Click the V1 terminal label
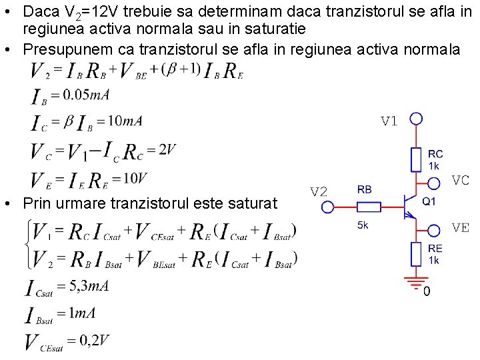(x=389, y=121)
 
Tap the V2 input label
(x=319, y=192)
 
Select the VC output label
(x=461, y=180)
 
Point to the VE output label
(x=461, y=227)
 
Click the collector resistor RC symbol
(x=416, y=160)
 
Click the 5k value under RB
(x=363, y=226)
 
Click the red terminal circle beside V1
(x=416, y=119)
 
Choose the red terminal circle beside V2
(x=327, y=207)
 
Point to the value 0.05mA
(x=86, y=95)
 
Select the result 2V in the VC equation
(x=167, y=149)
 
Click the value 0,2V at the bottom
(x=93, y=340)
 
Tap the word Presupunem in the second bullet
(x=61, y=49)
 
